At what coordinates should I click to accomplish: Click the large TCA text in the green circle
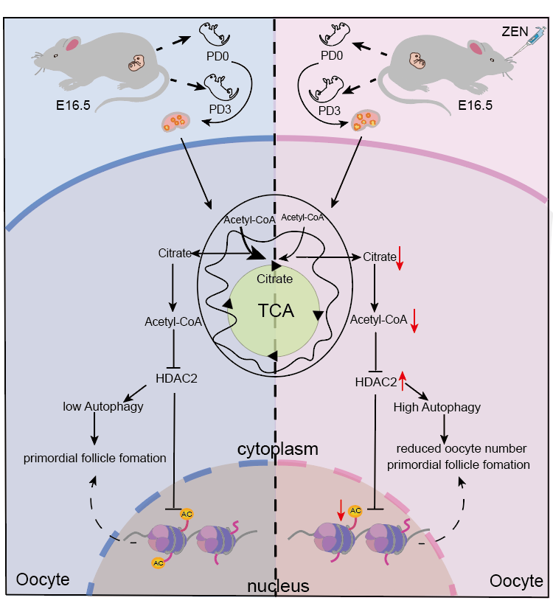[x=276, y=310]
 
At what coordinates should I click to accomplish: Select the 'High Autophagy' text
[x=437, y=406]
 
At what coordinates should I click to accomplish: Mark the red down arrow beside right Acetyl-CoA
[x=414, y=320]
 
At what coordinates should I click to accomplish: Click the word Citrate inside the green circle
[x=275, y=279]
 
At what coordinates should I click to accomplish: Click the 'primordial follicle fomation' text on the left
[x=95, y=458]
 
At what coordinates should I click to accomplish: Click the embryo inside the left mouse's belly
[x=136, y=64]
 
